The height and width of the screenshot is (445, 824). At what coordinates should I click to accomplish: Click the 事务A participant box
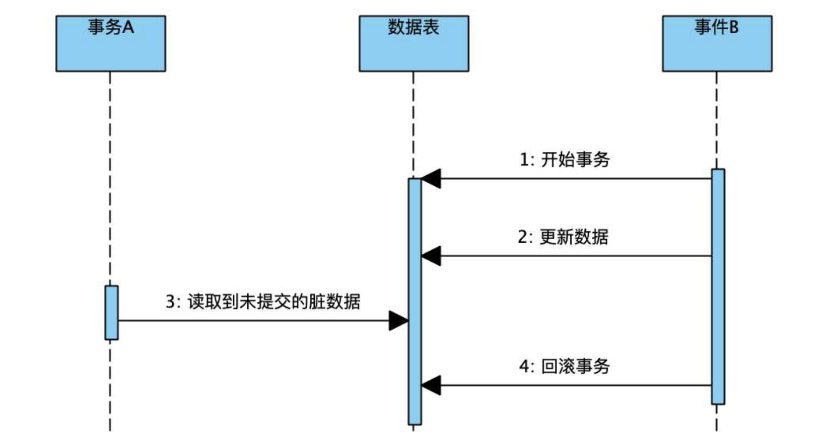click(110, 43)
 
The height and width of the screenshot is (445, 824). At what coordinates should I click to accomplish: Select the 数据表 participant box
click(414, 43)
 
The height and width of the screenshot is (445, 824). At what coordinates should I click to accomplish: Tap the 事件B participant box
click(717, 43)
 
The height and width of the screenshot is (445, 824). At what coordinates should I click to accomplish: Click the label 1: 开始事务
click(565, 160)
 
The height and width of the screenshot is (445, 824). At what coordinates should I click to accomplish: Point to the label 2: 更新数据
click(563, 237)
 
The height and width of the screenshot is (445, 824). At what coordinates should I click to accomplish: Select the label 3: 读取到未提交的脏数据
click(263, 302)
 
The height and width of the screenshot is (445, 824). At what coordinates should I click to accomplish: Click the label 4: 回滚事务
click(565, 366)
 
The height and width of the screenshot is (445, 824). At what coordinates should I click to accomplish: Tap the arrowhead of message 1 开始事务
click(432, 179)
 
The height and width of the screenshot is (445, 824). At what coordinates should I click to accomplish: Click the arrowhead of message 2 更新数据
click(432, 256)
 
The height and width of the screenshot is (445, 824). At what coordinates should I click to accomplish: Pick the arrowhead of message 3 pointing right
click(398, 321)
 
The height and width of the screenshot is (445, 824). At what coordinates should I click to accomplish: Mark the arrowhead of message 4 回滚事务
click(432, 386)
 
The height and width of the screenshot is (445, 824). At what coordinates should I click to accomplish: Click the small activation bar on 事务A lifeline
click(111, 313)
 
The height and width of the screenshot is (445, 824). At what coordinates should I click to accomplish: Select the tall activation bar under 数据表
click(415, 302)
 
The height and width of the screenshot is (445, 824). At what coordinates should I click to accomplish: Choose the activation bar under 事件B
click(718, 287)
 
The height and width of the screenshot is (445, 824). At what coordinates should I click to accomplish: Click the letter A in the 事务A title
click(128, 27)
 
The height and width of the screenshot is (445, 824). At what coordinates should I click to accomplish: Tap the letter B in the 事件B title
click(734, 27)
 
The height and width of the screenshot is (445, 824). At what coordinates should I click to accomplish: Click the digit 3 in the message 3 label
click(171, 302)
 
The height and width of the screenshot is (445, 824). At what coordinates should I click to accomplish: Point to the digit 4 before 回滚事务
click(524, 366)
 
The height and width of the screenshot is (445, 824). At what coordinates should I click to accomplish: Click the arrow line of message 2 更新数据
click(574, 256)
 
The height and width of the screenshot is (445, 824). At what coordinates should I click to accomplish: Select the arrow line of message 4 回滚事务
click(574, 386)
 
